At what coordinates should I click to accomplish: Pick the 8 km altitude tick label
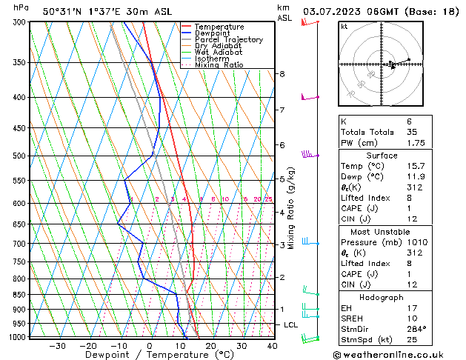coord(282,74)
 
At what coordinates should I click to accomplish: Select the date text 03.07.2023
coord(333,11)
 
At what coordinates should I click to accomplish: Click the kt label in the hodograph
coord(344,26)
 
